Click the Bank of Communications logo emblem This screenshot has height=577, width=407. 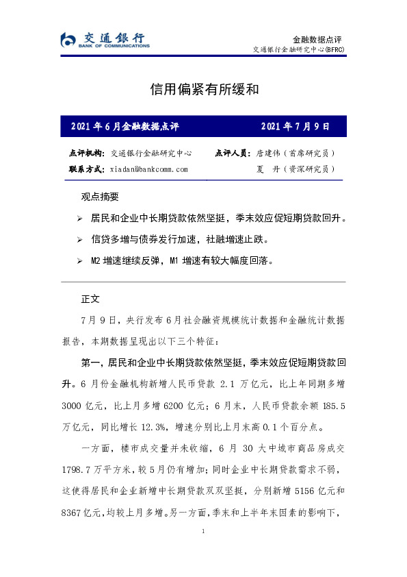(x=66, y=40)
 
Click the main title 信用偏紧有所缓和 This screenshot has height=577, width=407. (x=203, y=89)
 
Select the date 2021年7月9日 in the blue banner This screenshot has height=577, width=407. (x=295, y=127)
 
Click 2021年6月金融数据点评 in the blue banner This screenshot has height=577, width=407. (x=124, y=127)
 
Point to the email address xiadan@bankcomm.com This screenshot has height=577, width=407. (x=148, y=169)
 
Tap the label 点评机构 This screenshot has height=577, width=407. (x=86, y=154)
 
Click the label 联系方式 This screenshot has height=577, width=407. (x=86, y=169)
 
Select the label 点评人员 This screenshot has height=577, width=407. (x=233, y=154)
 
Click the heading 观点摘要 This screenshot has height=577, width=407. (x=100, y=197)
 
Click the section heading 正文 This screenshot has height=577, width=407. (x=90, y=299)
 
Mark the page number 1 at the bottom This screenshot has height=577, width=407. (x=203, y=531)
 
